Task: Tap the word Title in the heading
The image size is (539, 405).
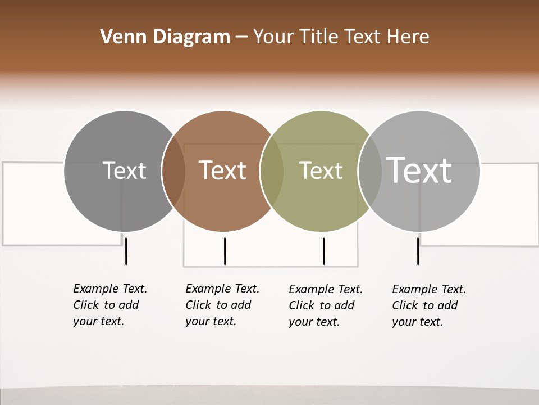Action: click(318, 37)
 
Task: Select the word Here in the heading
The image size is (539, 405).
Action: click(408, 37)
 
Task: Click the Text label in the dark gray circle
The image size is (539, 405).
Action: click(124, 170)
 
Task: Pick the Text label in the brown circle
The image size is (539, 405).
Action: click(223, 170)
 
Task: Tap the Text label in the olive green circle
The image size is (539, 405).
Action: click(321, 170)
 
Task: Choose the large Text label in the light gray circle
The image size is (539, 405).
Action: click(419, 170)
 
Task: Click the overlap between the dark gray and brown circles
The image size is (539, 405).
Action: click(173, 170)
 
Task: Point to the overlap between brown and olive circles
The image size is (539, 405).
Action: click(272, 170)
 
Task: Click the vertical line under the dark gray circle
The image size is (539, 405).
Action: click(126, 251)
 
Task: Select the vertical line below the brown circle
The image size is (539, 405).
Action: click(225, 251)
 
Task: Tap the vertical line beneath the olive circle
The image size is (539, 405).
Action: click(323, 251)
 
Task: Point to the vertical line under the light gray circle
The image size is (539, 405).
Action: click(418, 251)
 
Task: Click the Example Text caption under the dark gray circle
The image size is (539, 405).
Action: click(110, 305)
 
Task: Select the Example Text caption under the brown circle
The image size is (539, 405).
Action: click(222, 305)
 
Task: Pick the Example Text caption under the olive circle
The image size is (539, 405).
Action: click(326, 305)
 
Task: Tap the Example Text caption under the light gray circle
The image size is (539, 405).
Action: click(429, 305)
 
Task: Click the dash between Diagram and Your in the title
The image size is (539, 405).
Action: click(241, 38)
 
